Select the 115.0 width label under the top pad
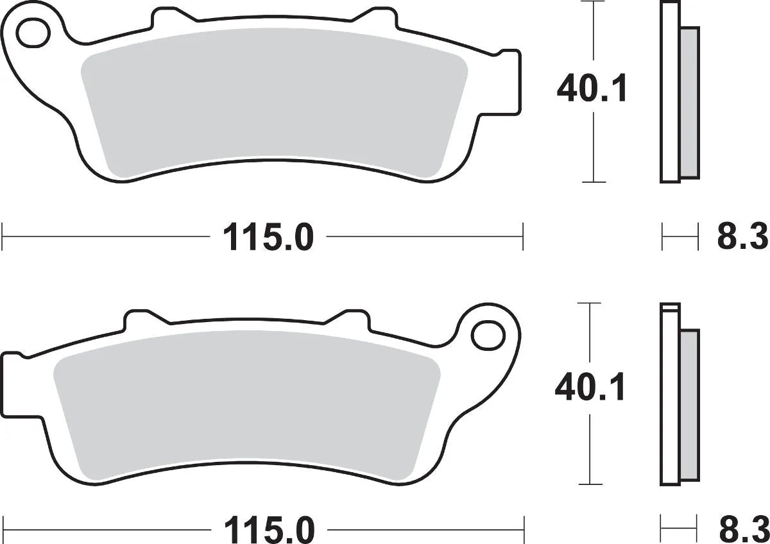[x=268, y=238]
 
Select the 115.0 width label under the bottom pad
[x=269, y=532]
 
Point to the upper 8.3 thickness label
[x=742, y=239]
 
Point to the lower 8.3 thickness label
[x=742, y=532]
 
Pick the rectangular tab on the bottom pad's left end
[x=14, y=385]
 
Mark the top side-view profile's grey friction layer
[x=689, y=103]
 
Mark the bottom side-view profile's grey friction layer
[x=689, y=404]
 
